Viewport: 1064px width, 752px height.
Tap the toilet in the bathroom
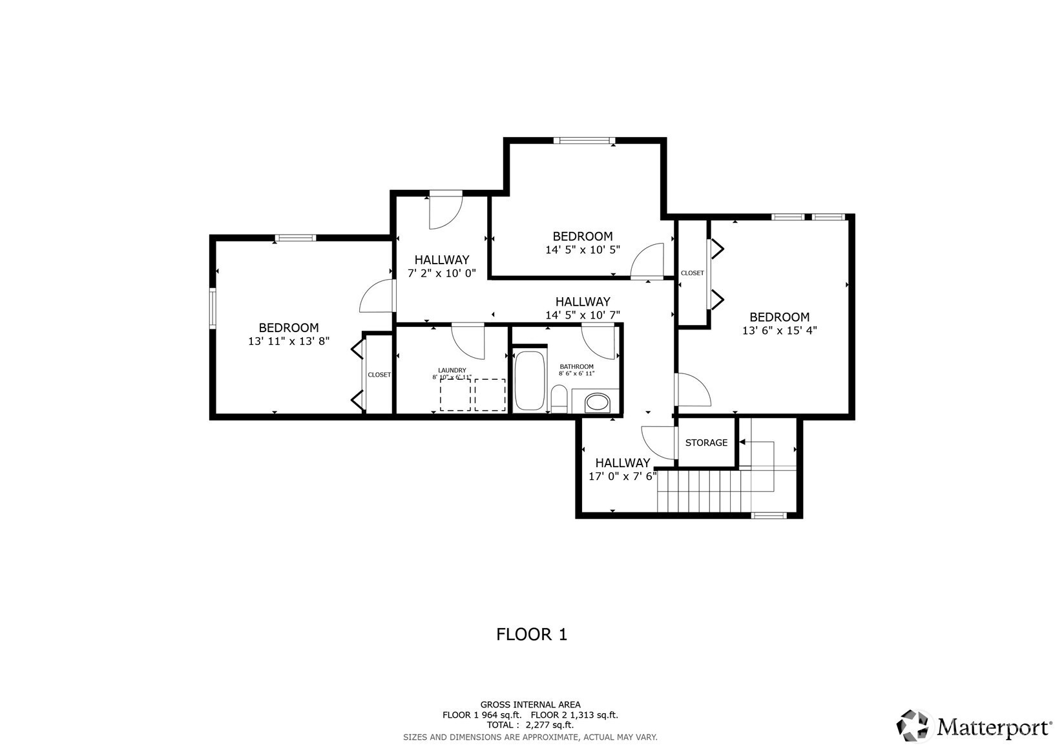click(559, 399)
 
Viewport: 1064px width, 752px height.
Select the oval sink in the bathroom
click(597, 402)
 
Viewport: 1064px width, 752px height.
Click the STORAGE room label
click(706, 443)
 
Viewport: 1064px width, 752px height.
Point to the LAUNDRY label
click(452, 371)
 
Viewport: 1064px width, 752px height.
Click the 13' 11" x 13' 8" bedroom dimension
click(289, 341)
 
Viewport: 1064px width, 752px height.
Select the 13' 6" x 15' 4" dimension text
click(780, 330)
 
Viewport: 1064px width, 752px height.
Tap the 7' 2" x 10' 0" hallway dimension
click(442, 273)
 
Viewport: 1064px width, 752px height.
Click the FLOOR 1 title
click(532, 634)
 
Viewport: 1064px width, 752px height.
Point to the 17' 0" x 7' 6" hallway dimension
click(623, 476)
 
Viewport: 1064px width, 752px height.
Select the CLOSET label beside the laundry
click(379, 375)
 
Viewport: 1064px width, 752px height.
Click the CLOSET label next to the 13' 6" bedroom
click(693, 273)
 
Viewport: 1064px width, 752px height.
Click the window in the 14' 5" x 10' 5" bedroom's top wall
click(584, 140)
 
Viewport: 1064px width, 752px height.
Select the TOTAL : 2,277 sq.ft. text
click(530, 726)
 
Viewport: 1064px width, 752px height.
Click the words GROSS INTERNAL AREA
click(530, 704)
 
